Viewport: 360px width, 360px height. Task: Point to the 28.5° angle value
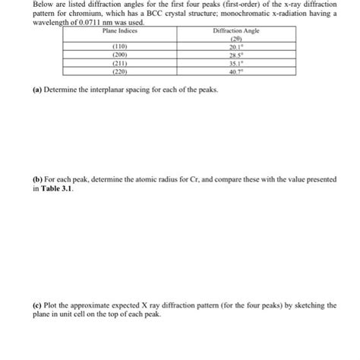235,55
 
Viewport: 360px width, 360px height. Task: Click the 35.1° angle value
235,64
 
